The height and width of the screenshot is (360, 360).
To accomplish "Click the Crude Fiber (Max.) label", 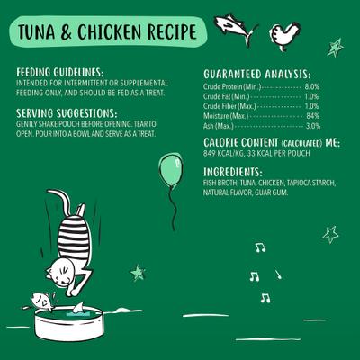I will point(229,105).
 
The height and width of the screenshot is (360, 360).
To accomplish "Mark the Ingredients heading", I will point(232,172).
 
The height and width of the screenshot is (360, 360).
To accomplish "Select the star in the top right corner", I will point(335,46).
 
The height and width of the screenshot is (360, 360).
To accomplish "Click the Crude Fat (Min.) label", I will point(226,95).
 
